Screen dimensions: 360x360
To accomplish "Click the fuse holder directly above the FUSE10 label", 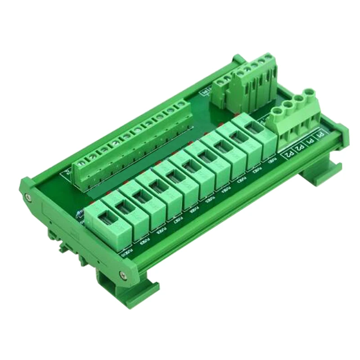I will click(108, 224).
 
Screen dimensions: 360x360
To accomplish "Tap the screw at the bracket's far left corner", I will click(28, 197).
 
